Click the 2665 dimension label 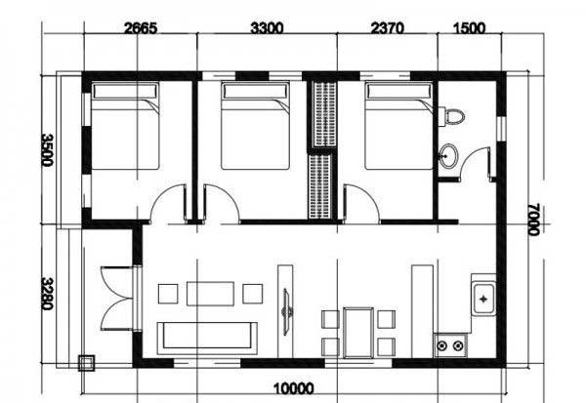click(x=141, y=28)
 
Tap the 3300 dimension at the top click(x=267, y=28)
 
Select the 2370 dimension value click(x=387, y=28)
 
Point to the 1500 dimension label click(x=470, y=28)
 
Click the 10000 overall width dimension click(x=294, y=388)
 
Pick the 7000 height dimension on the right click(x=534, y=220)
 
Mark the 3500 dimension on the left click(x=48, y=150)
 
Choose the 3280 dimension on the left click(x=48, y=294)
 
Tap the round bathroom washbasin click(x=448, y=155)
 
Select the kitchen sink click(x=483, y=299)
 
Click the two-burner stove click(x=450, y=345)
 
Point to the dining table click(x=358, y=333)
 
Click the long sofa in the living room click(x=207, y=338)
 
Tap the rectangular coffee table click(x=210, y=294)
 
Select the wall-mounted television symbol click(x=287, y=311)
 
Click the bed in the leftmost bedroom click(x=126, y=126)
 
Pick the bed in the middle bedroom click(x=255, y=126)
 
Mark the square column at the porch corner click(x=86, y=363)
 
